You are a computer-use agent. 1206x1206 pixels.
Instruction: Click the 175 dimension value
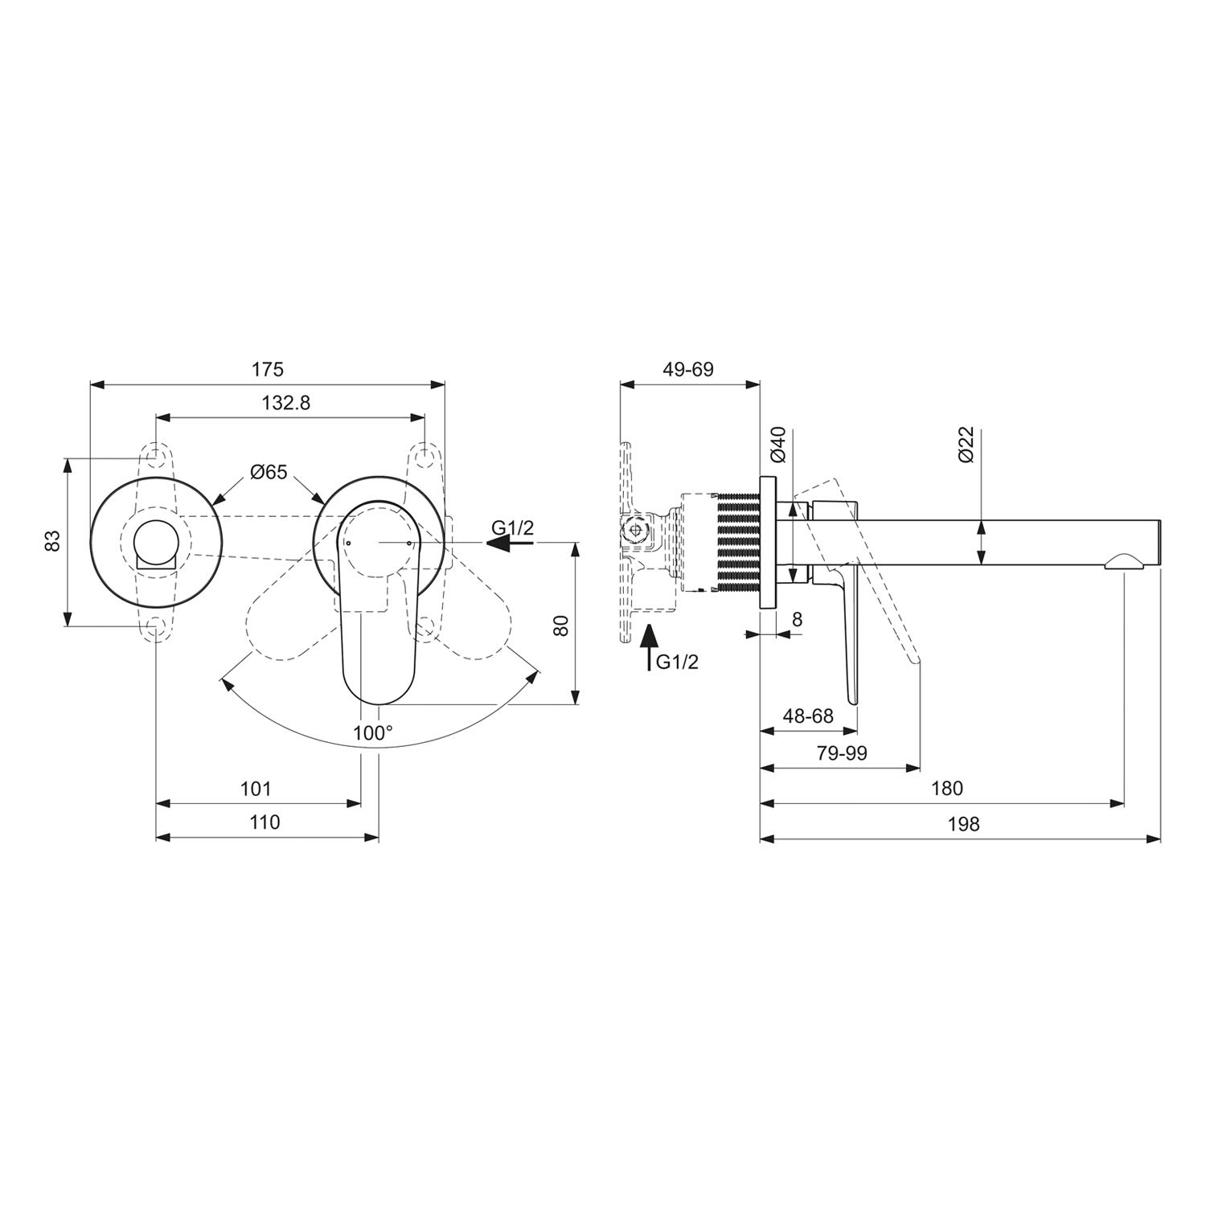click(268, 369)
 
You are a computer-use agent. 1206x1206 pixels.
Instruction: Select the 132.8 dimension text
click(285, 404)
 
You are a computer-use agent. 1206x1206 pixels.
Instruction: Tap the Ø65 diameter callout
click(268, 472)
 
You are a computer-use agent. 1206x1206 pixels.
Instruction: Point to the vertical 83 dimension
click(53, 540)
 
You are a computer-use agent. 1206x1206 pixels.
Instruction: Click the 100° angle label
click(373, 732)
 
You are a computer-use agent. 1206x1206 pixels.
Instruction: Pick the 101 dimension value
click(256, 789)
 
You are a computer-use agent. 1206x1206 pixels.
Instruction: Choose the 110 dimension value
click(265, 822)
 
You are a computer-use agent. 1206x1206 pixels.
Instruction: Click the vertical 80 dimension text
click(561, 625)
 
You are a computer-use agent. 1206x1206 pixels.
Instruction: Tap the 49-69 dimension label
click(688, 369)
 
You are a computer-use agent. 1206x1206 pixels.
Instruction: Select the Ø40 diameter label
click(777, 445)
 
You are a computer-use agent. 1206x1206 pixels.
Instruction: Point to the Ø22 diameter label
click(967, 445)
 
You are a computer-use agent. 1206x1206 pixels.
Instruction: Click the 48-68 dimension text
click(808, 716)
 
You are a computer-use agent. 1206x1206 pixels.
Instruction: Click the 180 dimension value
click(947, 789)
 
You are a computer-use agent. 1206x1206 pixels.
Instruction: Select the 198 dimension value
click(964, 824)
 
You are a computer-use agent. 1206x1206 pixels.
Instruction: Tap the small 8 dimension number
click(797, 619)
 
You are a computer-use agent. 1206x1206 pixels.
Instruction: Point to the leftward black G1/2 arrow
click(510, 544)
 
